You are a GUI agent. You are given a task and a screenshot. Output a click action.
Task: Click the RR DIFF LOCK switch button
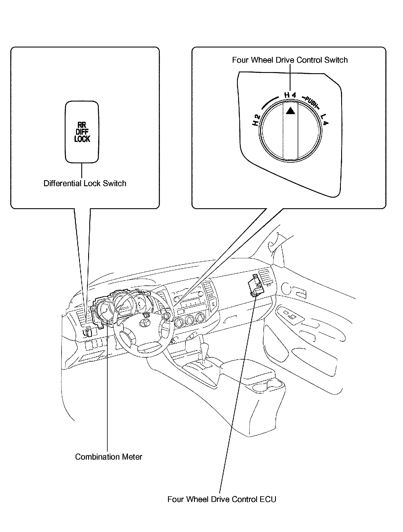pos(82,132)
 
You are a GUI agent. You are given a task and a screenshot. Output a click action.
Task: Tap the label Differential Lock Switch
pos(85,183)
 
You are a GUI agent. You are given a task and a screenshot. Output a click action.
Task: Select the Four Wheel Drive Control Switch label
pos(290,60)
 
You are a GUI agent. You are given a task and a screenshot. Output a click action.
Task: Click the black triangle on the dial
pos(290,111)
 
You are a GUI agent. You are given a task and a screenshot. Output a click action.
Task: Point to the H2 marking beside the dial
pos(256,120)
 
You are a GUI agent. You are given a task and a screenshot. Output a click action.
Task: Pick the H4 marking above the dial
pos(290,95)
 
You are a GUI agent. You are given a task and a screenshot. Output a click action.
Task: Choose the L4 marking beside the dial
pos(325,120)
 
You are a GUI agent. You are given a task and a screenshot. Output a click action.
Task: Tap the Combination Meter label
pos(108,457)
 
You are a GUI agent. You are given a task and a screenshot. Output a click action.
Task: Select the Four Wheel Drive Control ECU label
pos(222,499)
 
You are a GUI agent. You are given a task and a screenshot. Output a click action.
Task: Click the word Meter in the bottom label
pos(131,457)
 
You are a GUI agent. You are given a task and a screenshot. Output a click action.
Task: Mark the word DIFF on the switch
pos(82,132)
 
